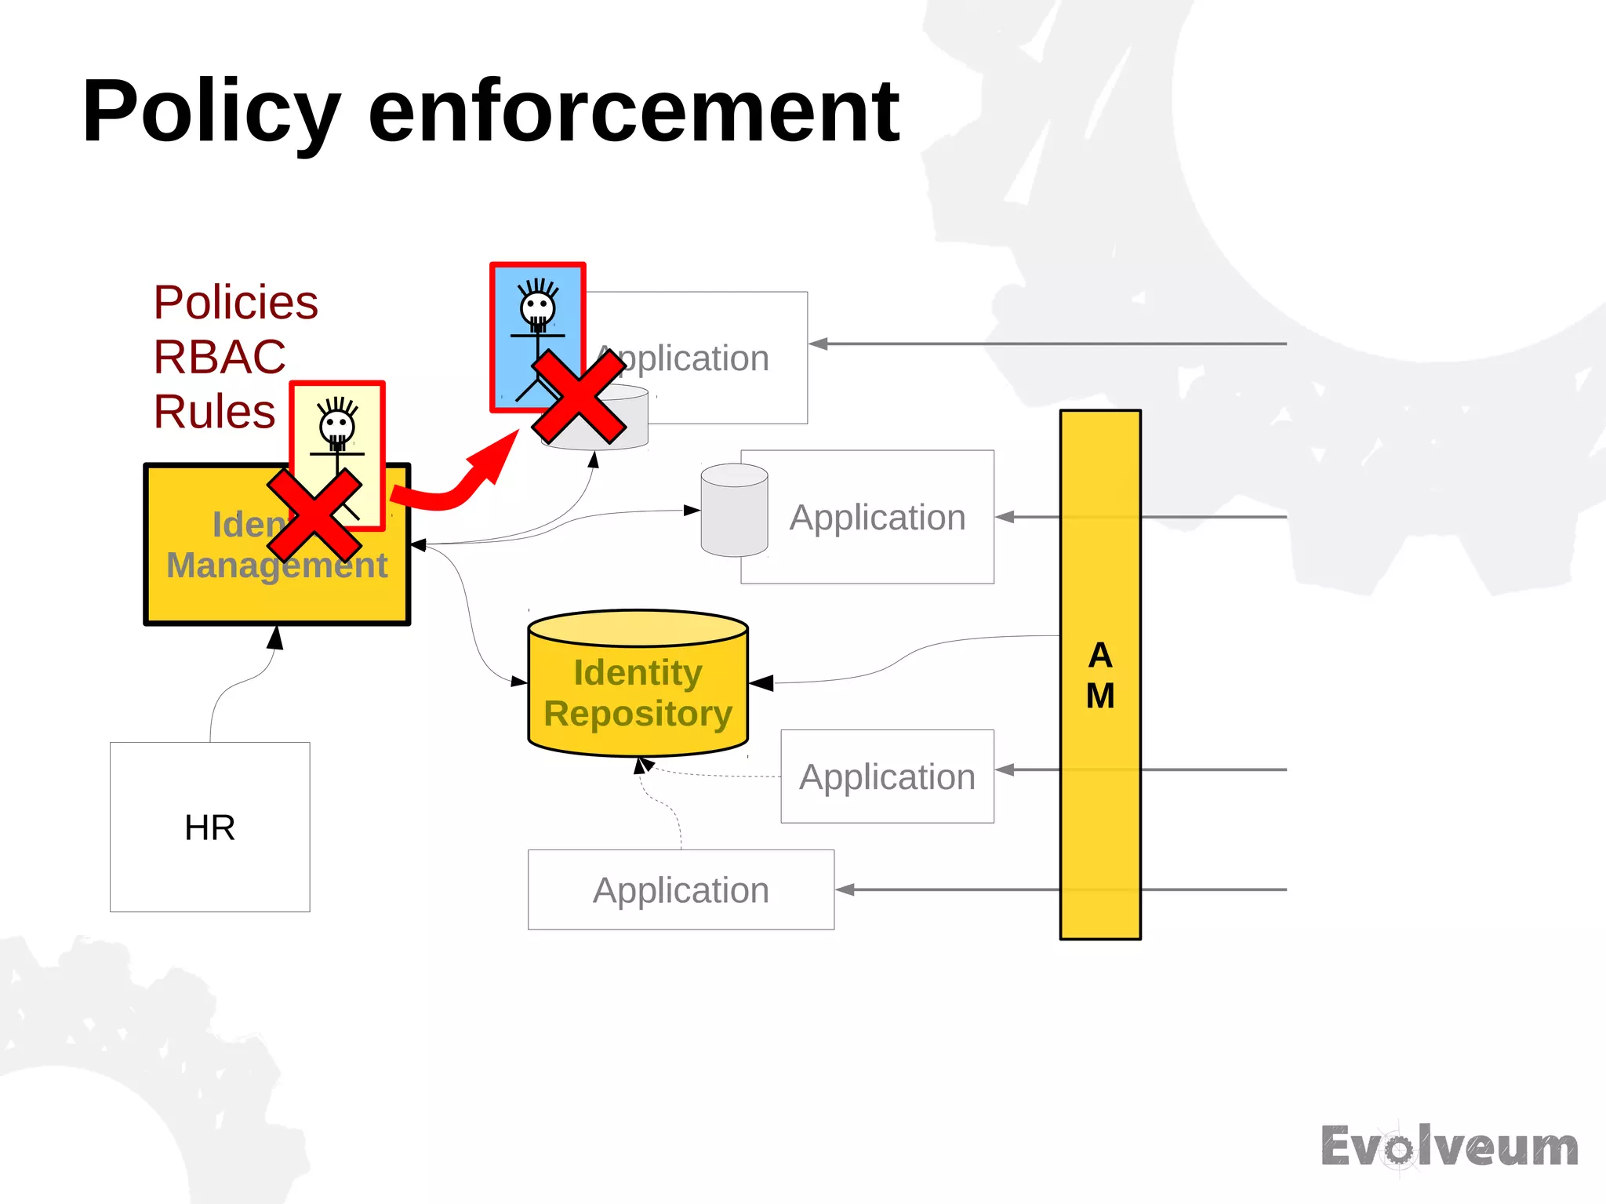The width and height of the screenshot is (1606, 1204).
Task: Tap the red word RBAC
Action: pyautogui.click(x=220, y=357)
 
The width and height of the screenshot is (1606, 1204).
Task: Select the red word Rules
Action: pyautogui.click(x=214, y=412)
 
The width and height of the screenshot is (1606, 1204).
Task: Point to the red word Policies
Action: pyautogui.click(x=235, y=303)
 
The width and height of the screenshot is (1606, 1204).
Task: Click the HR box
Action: pyautogui.click(x=209, y=827)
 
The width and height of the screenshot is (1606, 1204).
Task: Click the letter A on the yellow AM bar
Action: pyautogui.click(x=1100, y=655)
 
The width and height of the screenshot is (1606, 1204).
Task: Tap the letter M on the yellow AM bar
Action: pyautogui.click(x=1100, y=696)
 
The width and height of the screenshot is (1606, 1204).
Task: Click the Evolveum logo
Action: pyautogui.click(x=1449, y=1148)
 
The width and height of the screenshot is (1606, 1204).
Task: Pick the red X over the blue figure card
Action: pyautogui.click(x=579, y=397)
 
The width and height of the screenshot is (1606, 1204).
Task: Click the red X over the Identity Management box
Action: pyautogui.click(x=314, y=515)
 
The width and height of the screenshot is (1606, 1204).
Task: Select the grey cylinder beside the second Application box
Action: pyautogui.click(x=734, y=510)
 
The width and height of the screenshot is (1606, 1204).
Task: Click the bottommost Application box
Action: pyautogui.click(x=681, y=889)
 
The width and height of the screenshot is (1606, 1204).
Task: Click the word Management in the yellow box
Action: pyautogui.click(x=277, y=566)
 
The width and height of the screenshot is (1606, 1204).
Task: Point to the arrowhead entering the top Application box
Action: pyautogui.click(x=819, y=344)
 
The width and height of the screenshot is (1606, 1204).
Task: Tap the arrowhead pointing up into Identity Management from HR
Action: pyautogui.click(x=274, y=637)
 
